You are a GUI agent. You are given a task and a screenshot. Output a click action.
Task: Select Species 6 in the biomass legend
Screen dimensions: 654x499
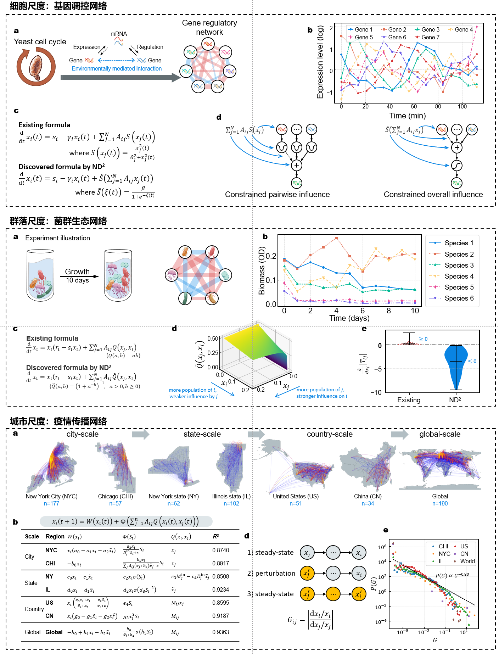point(459,298)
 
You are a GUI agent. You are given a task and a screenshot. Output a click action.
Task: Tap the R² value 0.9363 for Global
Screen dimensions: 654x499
point(220,632)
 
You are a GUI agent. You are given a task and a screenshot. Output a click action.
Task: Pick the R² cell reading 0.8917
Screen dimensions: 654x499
point(220,563)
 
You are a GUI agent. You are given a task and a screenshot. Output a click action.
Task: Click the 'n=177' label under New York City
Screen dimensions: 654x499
point(51,503)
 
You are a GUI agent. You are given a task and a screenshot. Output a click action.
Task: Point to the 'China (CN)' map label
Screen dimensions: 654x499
point(368,496)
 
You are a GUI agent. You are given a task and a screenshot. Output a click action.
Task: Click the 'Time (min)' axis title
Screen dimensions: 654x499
point(407,116)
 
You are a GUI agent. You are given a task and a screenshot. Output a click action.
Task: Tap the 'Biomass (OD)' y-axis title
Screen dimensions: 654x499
point(262,270)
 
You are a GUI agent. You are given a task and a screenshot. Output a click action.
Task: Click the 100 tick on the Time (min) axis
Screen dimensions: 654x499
point(462,106)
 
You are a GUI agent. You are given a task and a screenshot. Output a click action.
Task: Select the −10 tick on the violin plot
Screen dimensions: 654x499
point(376,392)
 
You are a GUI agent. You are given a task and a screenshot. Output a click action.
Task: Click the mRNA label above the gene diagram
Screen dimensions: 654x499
point(119,34)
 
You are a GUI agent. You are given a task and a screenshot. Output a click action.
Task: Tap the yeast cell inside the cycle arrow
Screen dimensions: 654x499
point(36,66)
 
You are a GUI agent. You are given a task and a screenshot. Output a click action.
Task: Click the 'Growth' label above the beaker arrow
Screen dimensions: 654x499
point(77,272)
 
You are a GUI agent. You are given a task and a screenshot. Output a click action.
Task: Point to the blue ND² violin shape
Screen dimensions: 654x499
point(456,365)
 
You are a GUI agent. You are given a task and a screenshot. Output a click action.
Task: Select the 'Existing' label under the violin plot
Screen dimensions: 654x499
point(409,400)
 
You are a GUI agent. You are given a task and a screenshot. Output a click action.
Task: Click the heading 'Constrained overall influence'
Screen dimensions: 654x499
point(433,194)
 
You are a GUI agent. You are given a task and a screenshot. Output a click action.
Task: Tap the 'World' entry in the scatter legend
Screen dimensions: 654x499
point(467,561)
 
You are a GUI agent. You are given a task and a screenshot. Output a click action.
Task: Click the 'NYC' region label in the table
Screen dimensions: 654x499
point(51,550)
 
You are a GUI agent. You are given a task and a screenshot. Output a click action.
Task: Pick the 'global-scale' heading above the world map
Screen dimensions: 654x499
point(440,434)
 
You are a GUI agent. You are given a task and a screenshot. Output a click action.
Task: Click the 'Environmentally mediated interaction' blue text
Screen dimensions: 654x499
point(117,68)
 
